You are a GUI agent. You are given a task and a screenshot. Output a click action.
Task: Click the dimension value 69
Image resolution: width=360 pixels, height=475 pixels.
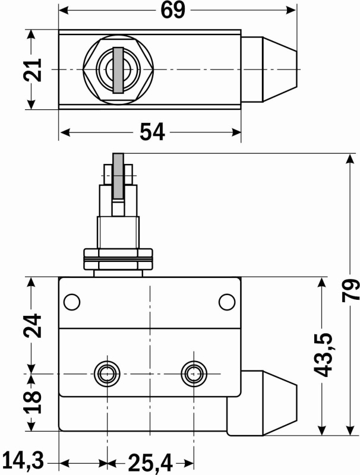(x=172, y=10)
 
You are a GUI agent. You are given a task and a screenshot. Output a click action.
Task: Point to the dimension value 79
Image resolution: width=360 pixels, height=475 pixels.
(x=350, y=291)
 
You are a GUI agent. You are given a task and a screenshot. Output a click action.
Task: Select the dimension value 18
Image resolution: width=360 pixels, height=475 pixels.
(x=34, y=403)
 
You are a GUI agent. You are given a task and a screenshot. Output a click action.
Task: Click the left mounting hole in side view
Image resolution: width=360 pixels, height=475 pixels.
(x=107, y=373)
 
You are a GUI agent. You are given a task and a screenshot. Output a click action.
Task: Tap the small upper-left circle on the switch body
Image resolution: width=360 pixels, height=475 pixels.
(x=71, y=302)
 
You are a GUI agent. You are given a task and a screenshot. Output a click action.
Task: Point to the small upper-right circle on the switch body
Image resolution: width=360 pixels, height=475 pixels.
(x=227, y=302)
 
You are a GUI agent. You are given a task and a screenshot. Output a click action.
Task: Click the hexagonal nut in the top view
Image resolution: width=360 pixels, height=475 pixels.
(x=118, y=69)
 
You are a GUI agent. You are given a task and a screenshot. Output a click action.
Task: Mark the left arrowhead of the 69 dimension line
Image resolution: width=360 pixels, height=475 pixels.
(x=64, y=10)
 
